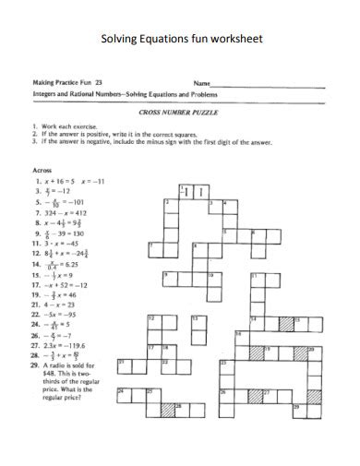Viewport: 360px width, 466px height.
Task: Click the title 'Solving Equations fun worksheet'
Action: tap(180, 40)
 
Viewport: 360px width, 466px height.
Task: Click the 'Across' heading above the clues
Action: tap(42, 170)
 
